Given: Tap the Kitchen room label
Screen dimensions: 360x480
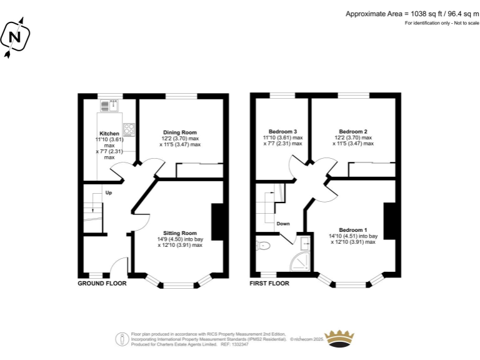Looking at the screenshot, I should coord(109,134).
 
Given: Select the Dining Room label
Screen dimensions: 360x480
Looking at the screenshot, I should coord(180,132).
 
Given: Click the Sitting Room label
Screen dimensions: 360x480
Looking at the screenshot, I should coord(180,233).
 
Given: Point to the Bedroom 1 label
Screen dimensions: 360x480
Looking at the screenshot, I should coord(353,229).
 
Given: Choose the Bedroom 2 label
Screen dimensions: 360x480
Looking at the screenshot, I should coord(352,131).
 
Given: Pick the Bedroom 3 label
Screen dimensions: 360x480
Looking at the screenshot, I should coord(283,131).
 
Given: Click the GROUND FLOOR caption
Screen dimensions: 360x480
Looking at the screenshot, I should coord(102,283).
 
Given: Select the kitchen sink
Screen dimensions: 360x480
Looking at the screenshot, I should coord(113,105).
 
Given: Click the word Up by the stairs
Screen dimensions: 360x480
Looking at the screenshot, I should coord(109,192).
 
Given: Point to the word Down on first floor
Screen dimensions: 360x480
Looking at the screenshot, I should coord(283,223).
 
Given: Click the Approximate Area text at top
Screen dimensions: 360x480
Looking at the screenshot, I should coord(412,13).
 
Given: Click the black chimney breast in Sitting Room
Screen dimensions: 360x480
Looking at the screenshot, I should coord(217,222).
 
